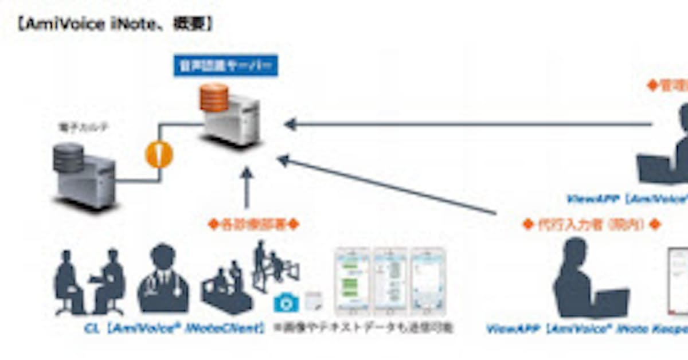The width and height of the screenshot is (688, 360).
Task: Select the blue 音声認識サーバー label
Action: (225, 66)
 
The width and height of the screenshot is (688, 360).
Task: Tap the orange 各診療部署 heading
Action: (253, 225)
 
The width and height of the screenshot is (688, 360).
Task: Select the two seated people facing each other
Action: (89, 282)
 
